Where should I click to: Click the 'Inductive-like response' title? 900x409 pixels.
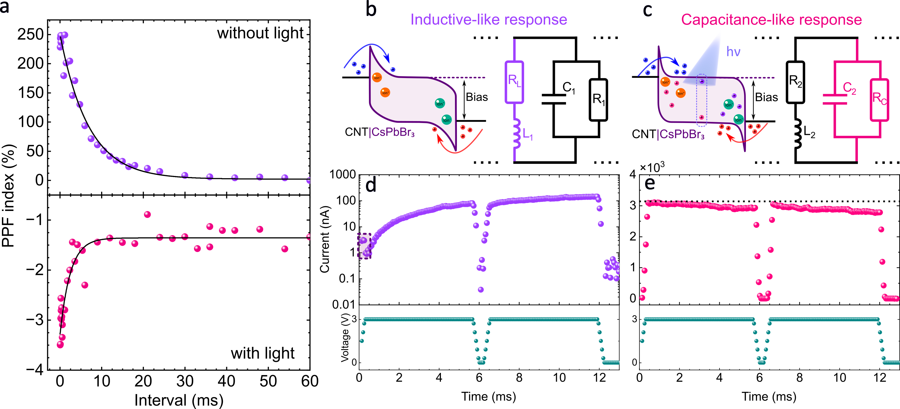pyautogui.click(x=488, y=20)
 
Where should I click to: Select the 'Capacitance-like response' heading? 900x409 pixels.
pyautogui.click(x=771, y=20)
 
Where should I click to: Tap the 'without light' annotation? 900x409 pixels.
pyautogui.click(x=260, y=33)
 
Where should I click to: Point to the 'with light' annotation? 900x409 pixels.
pyautogui.click(x=262, y=353)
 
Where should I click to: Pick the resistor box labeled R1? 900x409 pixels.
pyautogui.click(x=599, y=100)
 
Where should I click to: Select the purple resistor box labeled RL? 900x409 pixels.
pyautogui.click(x=514, y=82)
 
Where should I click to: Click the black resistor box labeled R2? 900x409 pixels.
pyautogui.click(x=795, y=82)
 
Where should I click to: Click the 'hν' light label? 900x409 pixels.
pyautogui.click(x=733, y=52)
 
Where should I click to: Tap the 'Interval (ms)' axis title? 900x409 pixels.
pyautogui.click(x=179, y=400)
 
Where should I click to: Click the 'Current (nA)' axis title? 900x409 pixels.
pyautogui.click(x=325, y=239)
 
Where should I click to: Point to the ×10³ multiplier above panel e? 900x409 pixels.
pyautogui.click(x=652, y=168)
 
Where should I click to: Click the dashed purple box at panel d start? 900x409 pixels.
pyautogui.click(x=364, y=246)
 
